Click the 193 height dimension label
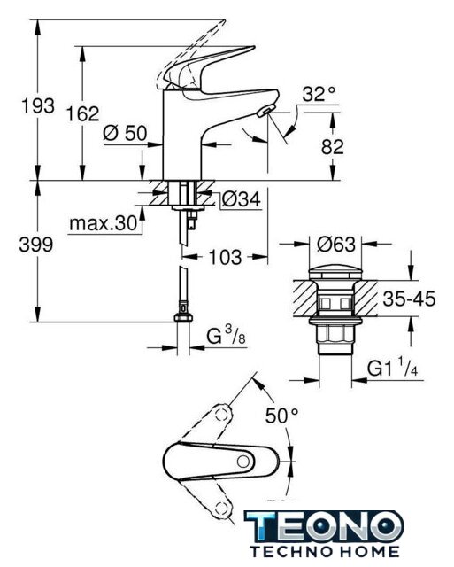pos(38,105)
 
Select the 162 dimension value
pos(82,113)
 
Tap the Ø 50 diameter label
pos(125,133)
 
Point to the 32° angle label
pos(319,94)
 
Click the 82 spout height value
pos(332,146)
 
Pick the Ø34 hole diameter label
pos(242,198)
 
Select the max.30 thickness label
pos(104,223)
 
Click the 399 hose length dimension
pos(36,245)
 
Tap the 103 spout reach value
pos(226,257)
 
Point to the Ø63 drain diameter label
pos(336,245)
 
